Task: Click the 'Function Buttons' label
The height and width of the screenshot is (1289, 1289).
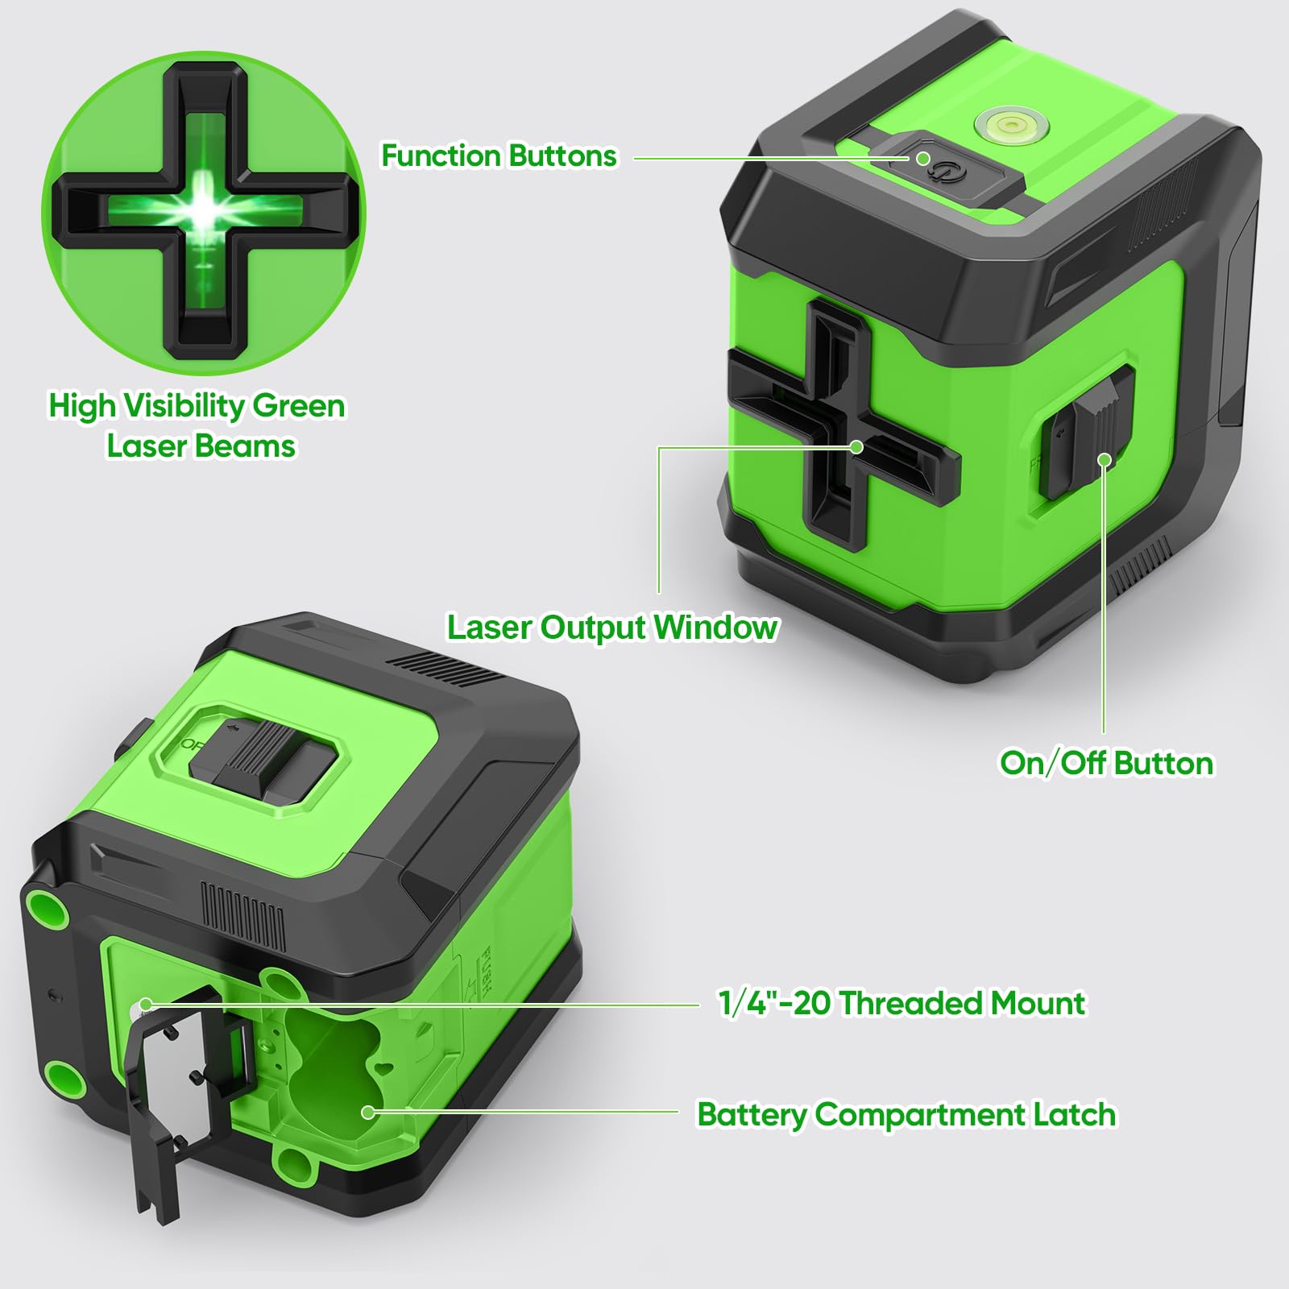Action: pos(499,155)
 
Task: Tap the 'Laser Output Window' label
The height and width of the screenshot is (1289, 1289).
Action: pos(612,627)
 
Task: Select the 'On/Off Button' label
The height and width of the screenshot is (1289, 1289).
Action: pos(1106,762)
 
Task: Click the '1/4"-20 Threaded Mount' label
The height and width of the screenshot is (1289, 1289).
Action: pos(901,1003)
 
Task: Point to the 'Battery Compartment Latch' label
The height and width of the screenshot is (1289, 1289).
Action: pos(906,1115)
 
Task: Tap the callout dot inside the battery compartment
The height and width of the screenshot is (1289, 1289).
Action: pos(368,1113)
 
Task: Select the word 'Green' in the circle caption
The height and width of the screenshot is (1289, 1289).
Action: pos(299,405)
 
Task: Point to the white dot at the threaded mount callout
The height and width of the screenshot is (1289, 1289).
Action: pos(146,1005)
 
